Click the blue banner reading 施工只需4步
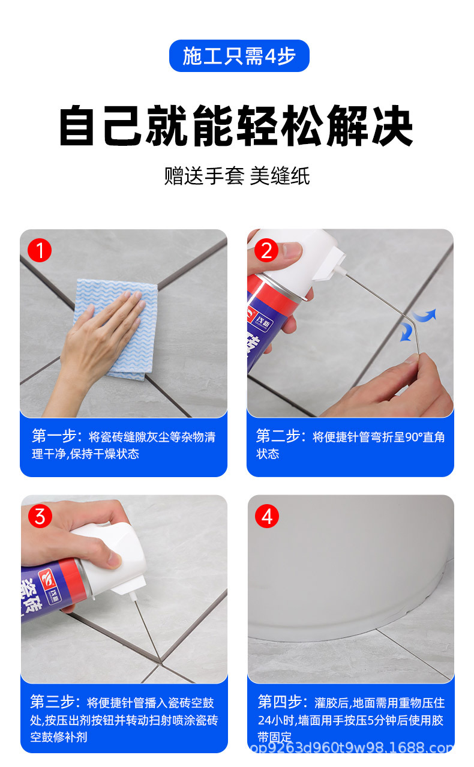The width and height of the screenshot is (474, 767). pos(239,56)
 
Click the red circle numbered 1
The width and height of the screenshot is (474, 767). pos(40,250)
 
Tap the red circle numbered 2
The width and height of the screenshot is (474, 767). pos(266,250)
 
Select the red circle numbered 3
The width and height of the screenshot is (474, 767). pos(40,516)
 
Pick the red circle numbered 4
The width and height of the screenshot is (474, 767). pos(267,516)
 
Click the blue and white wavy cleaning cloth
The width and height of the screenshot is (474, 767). pos(116,329)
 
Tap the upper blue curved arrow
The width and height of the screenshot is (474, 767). pos(424,315)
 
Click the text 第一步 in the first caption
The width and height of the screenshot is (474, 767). pos(54,436)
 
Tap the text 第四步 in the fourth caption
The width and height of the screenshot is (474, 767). pos(280,702)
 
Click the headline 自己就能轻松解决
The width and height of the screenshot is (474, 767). pos(236,125)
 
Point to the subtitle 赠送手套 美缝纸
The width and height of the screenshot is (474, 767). pos(237,176)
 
